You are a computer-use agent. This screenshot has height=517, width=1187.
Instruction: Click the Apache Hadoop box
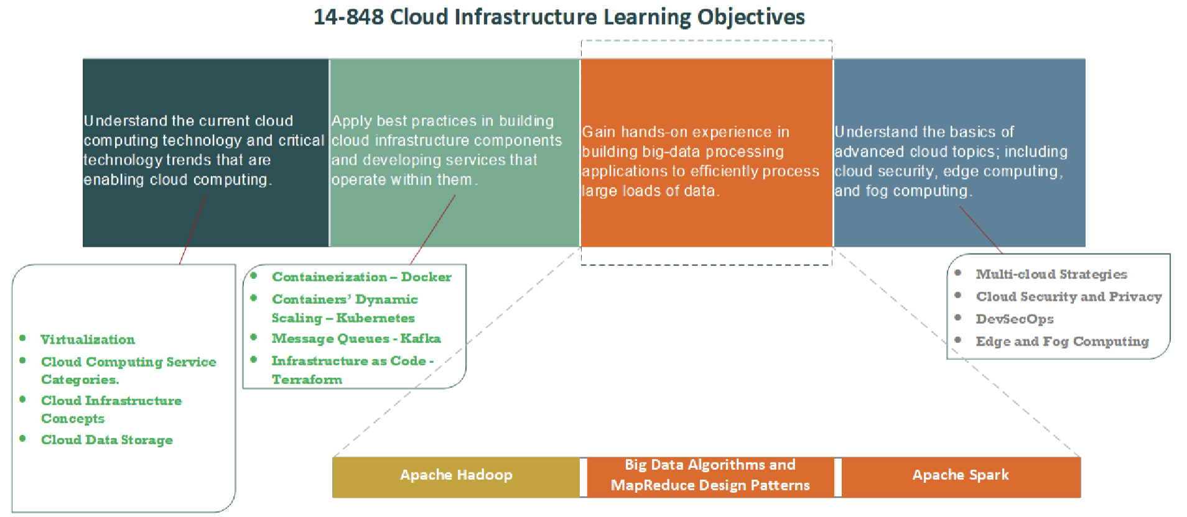tap(456, 476)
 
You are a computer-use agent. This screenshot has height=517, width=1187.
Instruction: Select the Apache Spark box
tap(961, 476)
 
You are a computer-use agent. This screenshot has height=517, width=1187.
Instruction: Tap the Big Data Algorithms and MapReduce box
tap(710, 476)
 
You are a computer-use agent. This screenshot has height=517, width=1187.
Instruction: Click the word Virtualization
tap(88, 340)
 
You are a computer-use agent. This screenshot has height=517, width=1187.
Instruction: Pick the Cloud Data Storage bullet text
tap(107, 440)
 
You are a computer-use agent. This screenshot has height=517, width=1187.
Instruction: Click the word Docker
tap(426, 277)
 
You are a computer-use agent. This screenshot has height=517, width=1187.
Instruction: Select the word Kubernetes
tap(375, 318)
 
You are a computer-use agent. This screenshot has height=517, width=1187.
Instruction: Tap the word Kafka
tap(421, 339)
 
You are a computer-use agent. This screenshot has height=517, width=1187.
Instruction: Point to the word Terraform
tap(307, 380)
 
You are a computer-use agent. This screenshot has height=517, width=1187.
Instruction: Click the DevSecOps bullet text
tap(1015, 319)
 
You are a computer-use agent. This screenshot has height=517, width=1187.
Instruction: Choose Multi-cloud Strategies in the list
tap(1051, 275)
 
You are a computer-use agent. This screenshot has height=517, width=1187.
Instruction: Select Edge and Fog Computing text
tap(1062, 342)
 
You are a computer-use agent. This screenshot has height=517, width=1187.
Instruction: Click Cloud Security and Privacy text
tap(1069, 297)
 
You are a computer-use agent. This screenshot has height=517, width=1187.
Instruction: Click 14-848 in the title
tap(348, 17)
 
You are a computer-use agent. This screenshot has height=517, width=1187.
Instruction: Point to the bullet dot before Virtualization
tap(22, 338)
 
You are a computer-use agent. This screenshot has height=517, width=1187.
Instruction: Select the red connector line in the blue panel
tap(980, 229)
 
